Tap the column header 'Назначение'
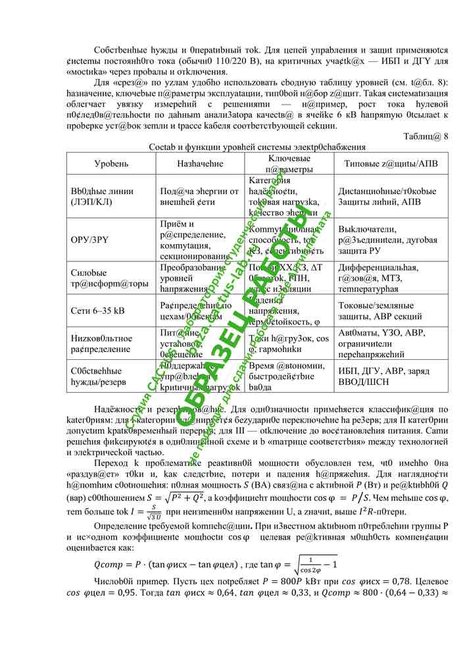point(200,163)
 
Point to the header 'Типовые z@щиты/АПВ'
point(381,163)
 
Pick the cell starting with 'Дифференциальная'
point(376,277)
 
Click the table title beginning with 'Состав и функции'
point(257,146)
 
